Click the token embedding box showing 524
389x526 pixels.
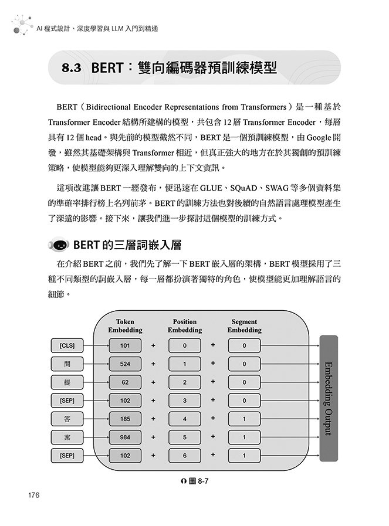point(125,364)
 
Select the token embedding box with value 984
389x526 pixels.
point(125,436)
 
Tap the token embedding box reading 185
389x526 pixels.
point(125,418)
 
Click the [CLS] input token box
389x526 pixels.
point(67,345)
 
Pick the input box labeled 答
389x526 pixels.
point(67,418)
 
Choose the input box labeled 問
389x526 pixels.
point(67,364)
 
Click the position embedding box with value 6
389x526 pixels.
point(184,454)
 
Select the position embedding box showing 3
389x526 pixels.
point(184,400)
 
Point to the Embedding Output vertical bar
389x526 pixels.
point(328,398)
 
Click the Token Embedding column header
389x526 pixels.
point(125,326)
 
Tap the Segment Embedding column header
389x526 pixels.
point(244,326)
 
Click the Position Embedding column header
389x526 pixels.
point(185,326)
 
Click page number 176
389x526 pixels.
point(33,496)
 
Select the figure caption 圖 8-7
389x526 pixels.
point(195,481)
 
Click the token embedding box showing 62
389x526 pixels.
point(125,382)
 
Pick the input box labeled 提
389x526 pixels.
point(67,382)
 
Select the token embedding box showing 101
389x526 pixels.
point(125,345)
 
